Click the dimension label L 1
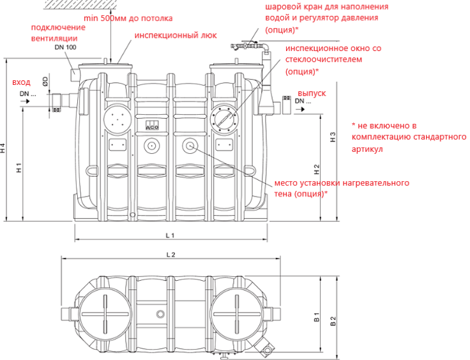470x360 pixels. tap(170, 235)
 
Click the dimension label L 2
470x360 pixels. tap(170, 254)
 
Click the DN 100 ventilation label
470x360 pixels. tap(64, 47)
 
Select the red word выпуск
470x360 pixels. tap(312, 93)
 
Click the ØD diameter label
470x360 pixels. tap(45, 81)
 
